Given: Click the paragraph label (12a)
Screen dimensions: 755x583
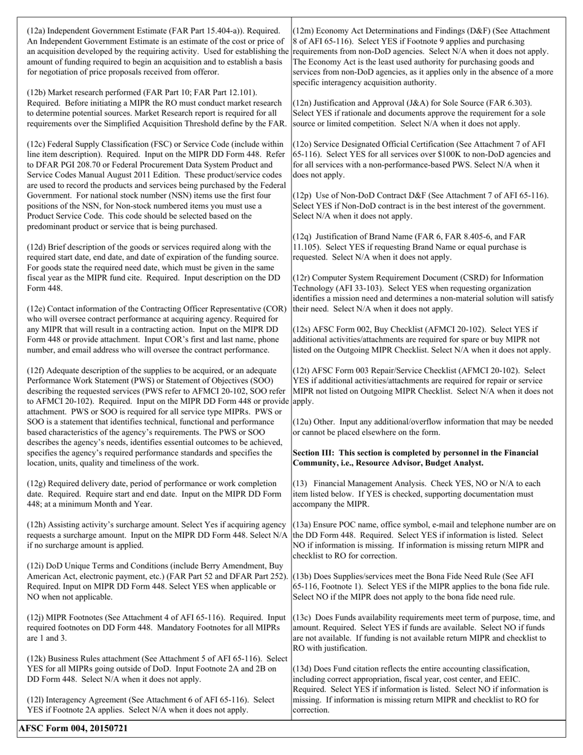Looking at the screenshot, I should (36, 31).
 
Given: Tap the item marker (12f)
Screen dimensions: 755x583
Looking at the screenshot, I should (36, 371).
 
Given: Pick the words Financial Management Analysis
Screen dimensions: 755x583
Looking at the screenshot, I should (363, 484).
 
